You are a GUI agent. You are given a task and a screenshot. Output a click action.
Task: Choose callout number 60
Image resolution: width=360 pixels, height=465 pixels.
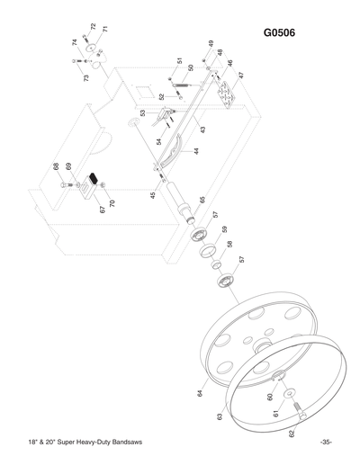coord(269,395)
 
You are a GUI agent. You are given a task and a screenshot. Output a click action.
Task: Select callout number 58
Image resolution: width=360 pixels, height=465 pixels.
coord(230,244)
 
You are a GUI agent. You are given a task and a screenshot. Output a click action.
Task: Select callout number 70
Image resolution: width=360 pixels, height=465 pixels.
coord(112,203)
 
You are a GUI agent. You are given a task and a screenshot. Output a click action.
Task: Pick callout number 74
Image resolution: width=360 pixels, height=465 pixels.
coord(74,42)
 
